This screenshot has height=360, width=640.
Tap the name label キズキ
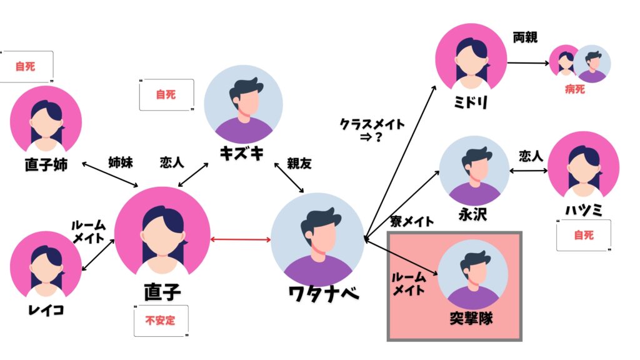tap(242, 154)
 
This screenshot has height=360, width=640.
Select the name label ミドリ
tap(471, 102)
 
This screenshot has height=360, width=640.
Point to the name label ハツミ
tap(583, 210)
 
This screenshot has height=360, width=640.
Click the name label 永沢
tap(472, 214)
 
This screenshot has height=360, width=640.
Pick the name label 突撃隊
tap(471, 318)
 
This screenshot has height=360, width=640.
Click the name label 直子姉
tap(46, 164)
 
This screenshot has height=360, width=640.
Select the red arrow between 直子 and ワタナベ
tap(241, 239)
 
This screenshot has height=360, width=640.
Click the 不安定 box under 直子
tap(161, 321)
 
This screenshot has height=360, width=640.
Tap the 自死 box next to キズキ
tap(166, 95)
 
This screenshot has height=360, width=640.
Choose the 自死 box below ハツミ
tap(584, 235)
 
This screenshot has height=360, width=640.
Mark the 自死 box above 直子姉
tap(26, 66)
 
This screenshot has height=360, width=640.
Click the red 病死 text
tap(575, 89)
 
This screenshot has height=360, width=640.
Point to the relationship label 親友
tap(299, 164)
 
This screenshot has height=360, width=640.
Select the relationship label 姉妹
tap(121, 162)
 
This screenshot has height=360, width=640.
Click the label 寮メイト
tap(411, 221)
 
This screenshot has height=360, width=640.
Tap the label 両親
tap(525, 37)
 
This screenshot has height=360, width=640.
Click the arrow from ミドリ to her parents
tap(529, 63)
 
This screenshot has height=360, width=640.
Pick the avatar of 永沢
tap(474, 171)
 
